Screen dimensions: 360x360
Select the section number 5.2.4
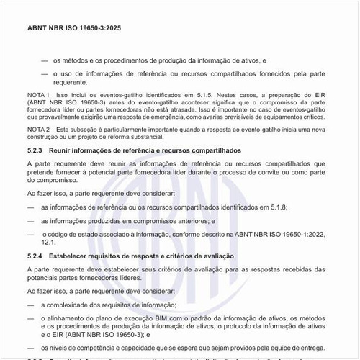(35, 256)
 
